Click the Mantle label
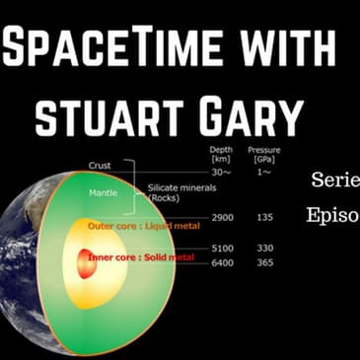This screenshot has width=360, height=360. click(x=104, y=192)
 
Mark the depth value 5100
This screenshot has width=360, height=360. click(x=222, y=249)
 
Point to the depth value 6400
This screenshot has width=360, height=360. click(x=222, y=262)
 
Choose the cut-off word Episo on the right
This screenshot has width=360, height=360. click(x=333, y=216)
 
